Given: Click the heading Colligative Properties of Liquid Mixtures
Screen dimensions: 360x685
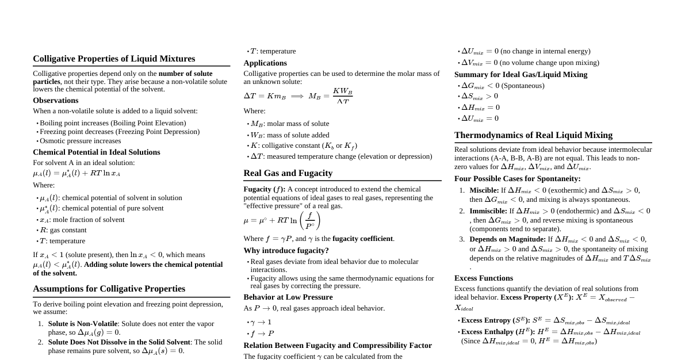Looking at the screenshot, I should [114, 59].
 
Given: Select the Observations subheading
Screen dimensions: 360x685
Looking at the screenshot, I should [56, 101].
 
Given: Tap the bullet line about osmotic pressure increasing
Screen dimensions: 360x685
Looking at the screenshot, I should [81, 141].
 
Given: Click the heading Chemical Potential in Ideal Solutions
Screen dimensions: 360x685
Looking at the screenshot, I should [97, 152].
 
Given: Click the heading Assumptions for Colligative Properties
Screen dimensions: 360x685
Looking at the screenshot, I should [109, 289].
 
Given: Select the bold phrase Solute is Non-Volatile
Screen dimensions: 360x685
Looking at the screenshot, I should [83, 324].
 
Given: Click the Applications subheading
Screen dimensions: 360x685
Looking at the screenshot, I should [265, 63].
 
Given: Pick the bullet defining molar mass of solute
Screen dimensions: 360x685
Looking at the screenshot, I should [290, 124].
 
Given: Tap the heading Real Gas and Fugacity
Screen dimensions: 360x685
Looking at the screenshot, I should [288, 173].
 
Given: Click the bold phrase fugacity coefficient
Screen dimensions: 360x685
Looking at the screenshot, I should [363, 239].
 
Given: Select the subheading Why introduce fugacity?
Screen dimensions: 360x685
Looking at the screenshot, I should [286, 251].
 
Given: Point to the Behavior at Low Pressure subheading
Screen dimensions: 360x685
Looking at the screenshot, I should [288, 297].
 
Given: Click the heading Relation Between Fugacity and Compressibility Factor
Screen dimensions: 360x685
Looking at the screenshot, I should [338, 346].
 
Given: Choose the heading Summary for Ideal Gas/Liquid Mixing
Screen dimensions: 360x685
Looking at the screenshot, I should [521, 75].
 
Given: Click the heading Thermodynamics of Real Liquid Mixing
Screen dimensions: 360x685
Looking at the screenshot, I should [533, 135].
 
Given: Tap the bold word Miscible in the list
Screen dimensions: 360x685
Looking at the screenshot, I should [484, 190].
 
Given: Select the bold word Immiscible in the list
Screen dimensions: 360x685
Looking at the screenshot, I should [488, 211].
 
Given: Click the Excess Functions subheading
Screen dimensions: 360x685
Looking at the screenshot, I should [484, 278].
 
